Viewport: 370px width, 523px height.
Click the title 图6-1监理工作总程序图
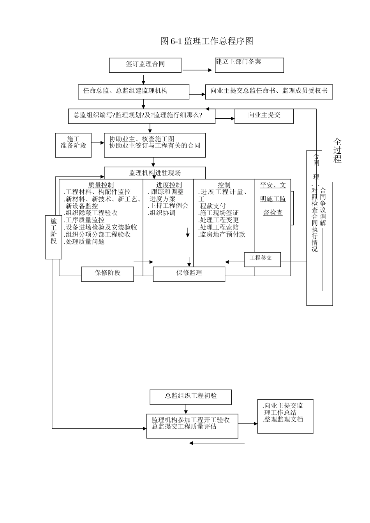tap(207, 41)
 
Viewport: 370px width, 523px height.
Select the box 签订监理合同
tap(145, 65)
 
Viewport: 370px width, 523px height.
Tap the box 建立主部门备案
tap(249, 65)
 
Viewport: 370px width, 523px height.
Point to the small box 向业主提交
tap(264, 116)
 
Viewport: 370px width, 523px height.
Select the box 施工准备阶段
tap(73, 146)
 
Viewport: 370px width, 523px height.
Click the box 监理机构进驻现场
tap(155, 173)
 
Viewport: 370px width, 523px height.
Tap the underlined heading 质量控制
tap(101, 185)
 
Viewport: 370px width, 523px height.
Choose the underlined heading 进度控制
tap(169, 185)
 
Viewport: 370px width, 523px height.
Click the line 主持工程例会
tap(169, 206)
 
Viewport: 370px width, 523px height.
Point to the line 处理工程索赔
tap(219, 227)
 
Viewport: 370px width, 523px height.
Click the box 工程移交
tap(262, 259)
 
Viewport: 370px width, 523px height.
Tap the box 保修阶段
tap(107, 274)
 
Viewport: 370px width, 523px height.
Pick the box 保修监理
tap(189, 274)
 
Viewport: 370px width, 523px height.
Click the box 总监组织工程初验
tap(191, 397)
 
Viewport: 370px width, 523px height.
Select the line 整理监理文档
tap(283, 419)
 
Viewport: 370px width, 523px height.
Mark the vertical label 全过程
tap(337, 150)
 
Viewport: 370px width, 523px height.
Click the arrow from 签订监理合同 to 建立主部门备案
tap(198, 70)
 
